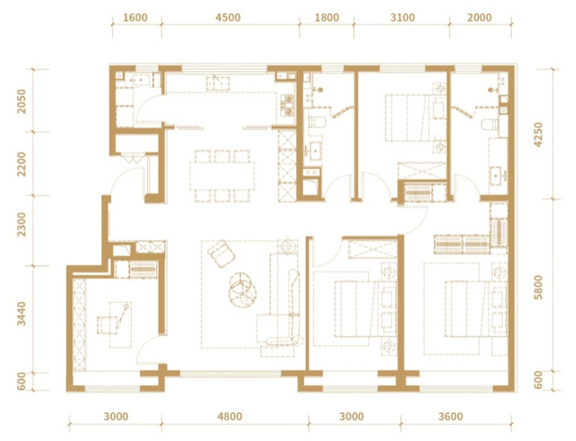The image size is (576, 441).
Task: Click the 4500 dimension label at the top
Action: [x=228, y=17]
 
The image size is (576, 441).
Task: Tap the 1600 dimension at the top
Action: [x=135, y=17]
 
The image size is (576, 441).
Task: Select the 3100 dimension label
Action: [x=402, y=17]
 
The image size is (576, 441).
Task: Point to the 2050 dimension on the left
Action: [x=22, y=101]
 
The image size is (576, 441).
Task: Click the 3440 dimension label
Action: [x=22, y=313]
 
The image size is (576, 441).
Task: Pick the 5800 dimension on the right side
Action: [x=538, y=287]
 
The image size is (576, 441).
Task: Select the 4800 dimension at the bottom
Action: [x=230, y=416]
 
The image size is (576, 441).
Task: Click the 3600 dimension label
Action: [x=451, y=416]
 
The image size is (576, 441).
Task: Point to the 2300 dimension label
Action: [x=22, y=224]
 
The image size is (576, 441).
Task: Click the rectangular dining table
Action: [x=222, y=176]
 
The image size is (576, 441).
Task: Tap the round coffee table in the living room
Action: [x=243, y=289]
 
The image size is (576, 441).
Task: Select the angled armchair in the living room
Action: [x=221, y=253]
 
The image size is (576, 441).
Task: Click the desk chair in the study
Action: [x=104, y=325]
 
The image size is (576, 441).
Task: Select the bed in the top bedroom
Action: [x=407, y=118]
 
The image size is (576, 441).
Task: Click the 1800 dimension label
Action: [x=327, y=17]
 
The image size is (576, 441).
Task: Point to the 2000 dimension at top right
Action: [x=480, y=17]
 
